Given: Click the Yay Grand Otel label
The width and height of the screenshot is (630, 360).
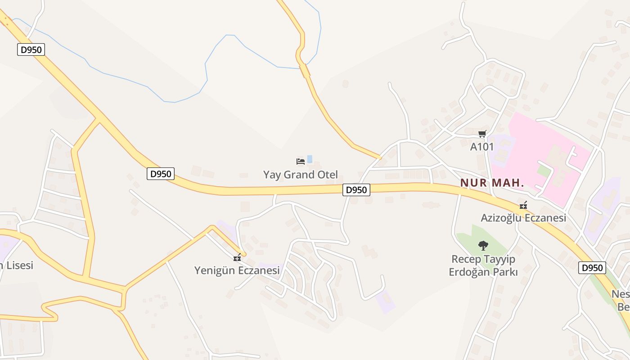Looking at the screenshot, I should (300, 175).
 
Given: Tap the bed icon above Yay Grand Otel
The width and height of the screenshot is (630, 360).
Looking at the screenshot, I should (301, 161).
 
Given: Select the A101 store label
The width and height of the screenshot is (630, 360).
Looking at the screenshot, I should (482, 147).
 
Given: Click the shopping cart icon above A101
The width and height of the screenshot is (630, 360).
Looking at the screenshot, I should (482, 134).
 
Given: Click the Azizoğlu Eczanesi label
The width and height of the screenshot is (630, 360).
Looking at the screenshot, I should (523, 218).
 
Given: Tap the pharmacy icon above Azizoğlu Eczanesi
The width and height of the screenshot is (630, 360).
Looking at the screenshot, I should (523, 205).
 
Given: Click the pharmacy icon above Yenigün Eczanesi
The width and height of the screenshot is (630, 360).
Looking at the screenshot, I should (237, 258).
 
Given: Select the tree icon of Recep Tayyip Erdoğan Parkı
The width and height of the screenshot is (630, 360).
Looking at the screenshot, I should (483, 246).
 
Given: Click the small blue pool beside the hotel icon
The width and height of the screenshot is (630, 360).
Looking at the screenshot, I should (310, 159).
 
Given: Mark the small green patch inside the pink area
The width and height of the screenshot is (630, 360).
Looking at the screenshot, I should (544, 171).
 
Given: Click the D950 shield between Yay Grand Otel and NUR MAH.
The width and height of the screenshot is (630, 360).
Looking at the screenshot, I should (356, 190).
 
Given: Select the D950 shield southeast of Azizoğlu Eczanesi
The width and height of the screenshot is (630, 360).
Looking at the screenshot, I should (592, 268).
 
